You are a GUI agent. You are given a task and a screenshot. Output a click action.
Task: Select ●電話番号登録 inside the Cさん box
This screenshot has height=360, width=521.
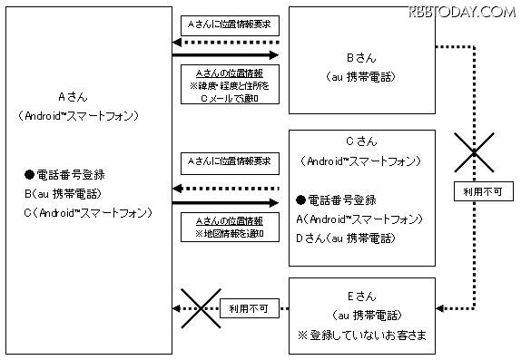click(335, 199)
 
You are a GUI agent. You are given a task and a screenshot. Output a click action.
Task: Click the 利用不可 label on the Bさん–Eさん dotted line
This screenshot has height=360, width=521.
click(476, 190)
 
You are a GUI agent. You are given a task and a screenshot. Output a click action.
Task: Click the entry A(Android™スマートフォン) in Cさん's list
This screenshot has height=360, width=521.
click(359, 219)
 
